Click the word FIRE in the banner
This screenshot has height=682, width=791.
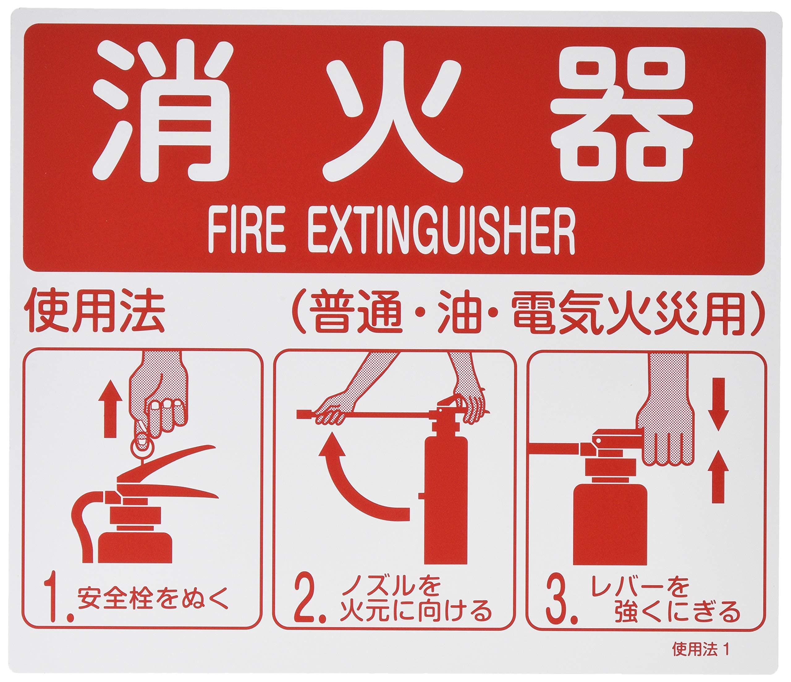click(x=247, y=231)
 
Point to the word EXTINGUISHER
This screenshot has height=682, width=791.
click(x=441, y=231)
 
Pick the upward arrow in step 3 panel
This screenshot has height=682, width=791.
click(x=718, y=481)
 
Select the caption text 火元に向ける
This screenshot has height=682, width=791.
click(x=416, y=611)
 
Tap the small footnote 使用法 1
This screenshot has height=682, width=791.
click(x=700, y=650)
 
